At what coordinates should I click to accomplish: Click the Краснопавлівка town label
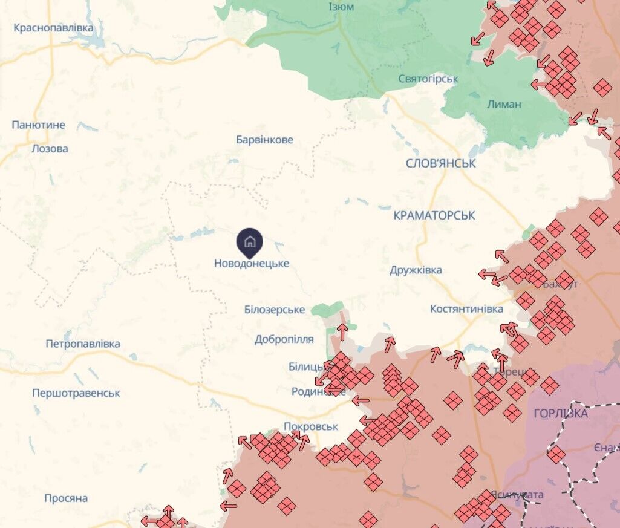(x=53, y=28)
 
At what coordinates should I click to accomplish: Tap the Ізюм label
(x=342, y=7)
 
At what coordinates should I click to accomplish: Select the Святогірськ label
(x=428, y=79)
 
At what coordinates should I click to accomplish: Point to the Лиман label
(x=504, y=104)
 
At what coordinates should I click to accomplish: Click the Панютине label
(x=38, y=125)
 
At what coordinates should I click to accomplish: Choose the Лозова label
(x=50, y=149)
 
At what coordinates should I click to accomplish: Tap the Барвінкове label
(x=264, y=140)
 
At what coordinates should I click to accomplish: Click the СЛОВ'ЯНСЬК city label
(x=441, y=164)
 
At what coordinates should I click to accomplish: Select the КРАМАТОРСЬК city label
(x=434, y=215)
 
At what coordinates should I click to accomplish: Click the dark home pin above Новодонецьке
(x=249, y=242)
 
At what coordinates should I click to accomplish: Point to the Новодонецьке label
(x=252, y=264)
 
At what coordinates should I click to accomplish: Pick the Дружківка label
(x=416, y=270)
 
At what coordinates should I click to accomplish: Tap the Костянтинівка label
(x=466, y=309)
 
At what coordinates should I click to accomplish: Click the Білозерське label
(x=274, y=310)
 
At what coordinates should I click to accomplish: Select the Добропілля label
(x=284, y=339)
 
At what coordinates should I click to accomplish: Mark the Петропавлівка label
(x=83, y=344)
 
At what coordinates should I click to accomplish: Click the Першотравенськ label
(x=76, y=393)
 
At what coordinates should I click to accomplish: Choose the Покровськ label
(x=310, y=426)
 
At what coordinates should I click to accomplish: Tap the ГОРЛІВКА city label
(x=561, y=414)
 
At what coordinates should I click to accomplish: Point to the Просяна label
(x=66, y=498)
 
